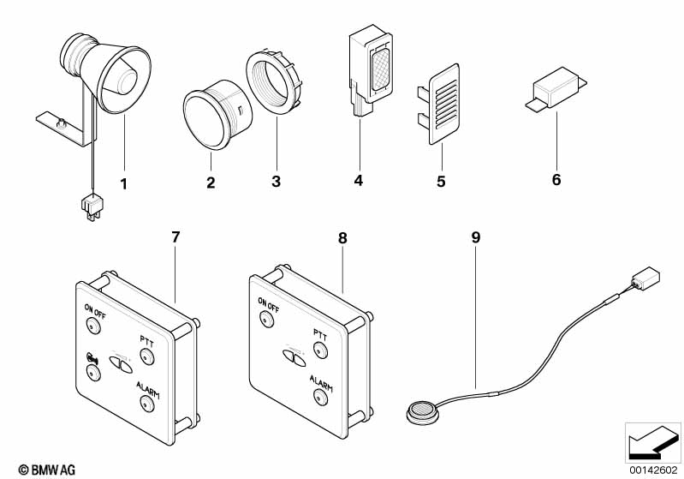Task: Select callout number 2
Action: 211,183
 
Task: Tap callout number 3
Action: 276,182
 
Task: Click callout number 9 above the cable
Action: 476,237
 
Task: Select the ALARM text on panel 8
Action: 321,382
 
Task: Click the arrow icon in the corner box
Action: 652,442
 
